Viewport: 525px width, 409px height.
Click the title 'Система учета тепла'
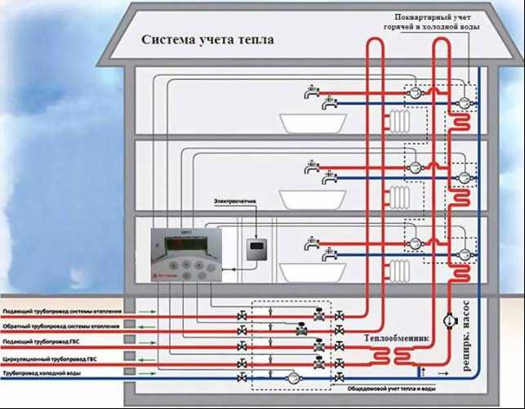207,40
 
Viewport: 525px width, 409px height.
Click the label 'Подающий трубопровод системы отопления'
62,312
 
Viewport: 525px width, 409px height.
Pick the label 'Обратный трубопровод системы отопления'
61,327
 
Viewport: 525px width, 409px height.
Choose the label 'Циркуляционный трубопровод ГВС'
51,358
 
